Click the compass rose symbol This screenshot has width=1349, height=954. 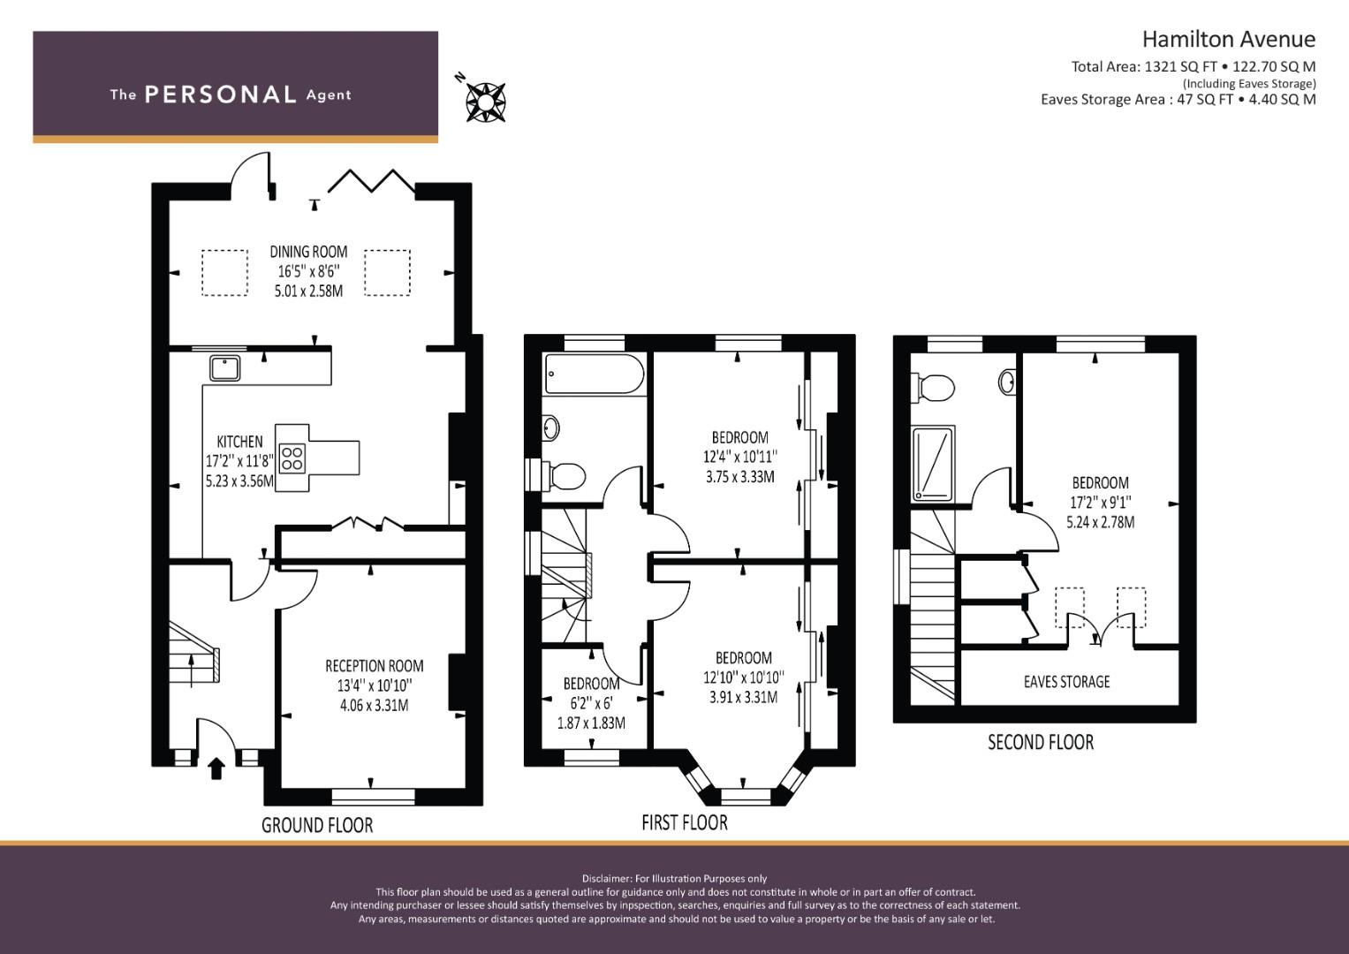[x=485, y=102]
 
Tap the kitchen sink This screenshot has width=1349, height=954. [x=224, y=368]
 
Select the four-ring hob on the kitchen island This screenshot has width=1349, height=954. [x=292, y=458]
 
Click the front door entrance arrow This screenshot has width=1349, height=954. [x=216, y=769]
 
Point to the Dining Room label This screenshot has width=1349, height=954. [x=308, y=251]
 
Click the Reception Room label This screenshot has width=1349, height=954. [x=374, y=665]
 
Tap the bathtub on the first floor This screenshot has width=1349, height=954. [x=594, y=375]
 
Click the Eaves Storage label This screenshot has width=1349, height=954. [x=1066, y=681]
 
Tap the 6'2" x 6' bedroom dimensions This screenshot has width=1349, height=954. [x=591, y=703]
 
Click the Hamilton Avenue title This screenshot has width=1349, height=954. [x=1229, y=39]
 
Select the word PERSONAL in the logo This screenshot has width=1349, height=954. [x=221, y=95]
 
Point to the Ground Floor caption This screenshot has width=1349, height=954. [x=317, y=824]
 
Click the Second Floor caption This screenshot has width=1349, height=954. [x=1041, y=742]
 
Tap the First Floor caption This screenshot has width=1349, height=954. [x=684, y=822]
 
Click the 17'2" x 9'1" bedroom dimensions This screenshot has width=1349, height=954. [x=1100, y=503]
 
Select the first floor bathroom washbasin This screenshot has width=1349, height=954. [x=550, y=428]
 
